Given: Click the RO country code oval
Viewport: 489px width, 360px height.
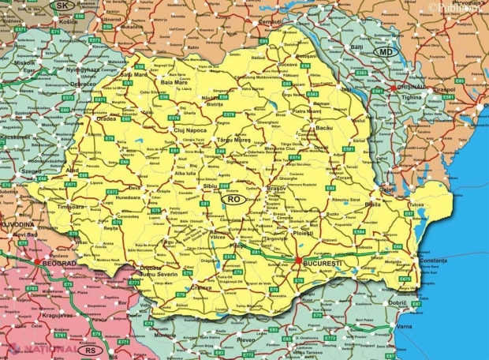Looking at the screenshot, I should click(x=234, y=200).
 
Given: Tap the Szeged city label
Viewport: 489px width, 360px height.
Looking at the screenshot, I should click(x=32, y=171).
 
